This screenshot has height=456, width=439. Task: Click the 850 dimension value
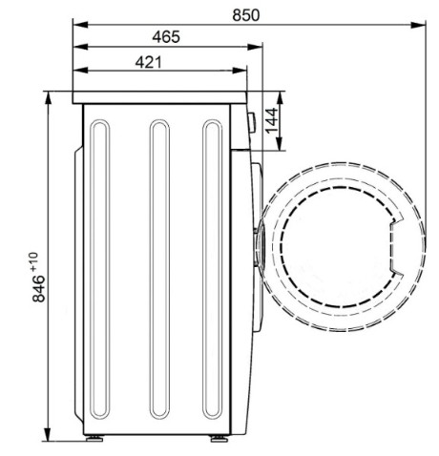245,15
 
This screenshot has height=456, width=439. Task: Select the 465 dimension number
166,37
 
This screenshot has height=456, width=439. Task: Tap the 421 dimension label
149,62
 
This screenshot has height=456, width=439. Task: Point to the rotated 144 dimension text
271,121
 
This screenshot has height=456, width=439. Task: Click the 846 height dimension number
39,288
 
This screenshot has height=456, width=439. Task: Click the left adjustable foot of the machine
94,439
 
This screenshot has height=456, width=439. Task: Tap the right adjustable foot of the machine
219,439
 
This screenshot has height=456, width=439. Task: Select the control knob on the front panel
252,123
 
